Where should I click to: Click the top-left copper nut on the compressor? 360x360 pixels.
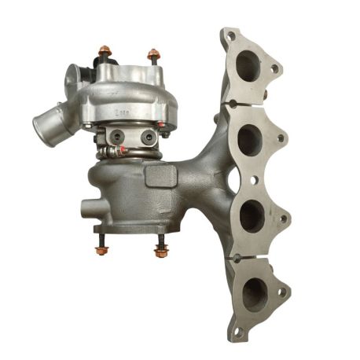pyautogui.click(x=103, y=53)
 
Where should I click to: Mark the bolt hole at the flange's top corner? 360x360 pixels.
pyautogui.click(x=229, y=35)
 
